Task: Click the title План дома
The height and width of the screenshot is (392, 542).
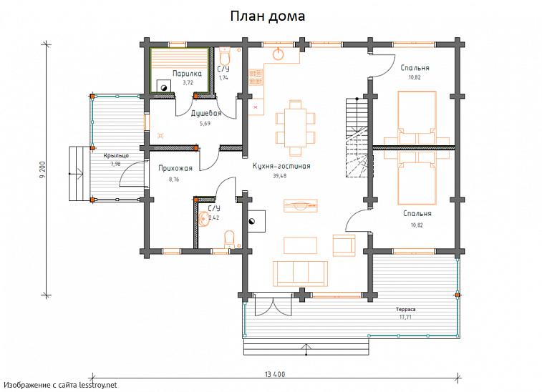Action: click(x=268, y=16)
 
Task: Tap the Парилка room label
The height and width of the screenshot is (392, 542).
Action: click(x=187, y=74)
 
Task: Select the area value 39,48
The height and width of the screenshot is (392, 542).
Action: click(x=280, y=176)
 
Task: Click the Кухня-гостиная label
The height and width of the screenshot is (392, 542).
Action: click(x=281, y=166)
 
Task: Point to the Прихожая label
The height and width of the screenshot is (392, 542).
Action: click(x=175, y=168)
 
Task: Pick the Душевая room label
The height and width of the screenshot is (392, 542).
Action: click(x=206, y=113)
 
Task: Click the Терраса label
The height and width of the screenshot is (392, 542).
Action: click(x=405, y=310)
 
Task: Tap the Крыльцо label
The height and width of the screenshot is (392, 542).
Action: click(x=116, y=156)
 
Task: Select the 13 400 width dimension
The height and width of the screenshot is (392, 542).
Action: click(x=275, y=374)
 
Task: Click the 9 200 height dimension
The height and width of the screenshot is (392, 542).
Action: click(x=42, y=170)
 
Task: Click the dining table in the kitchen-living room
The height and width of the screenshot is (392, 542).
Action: click(x=296, y=128)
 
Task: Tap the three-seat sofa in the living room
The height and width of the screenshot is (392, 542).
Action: click(x=300, y=273)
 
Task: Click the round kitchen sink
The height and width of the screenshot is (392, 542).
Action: click(x=279, y=54)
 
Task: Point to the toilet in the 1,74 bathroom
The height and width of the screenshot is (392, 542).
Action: click(x=225, y=56)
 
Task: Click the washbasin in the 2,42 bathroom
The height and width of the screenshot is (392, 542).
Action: click(x=204, y=219)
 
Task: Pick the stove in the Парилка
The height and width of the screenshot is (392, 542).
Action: click(x=163, y=87)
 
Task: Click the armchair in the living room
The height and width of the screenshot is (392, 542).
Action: click(x=344, y=245)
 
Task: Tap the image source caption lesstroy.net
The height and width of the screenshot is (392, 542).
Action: click(x=60, y=385)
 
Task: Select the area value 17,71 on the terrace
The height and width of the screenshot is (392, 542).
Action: click(x=405, y=317)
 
